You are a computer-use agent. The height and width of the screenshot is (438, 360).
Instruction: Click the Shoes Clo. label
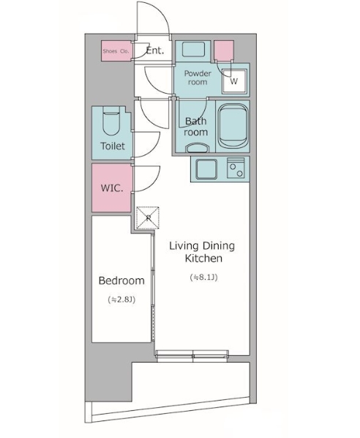click(116, 51)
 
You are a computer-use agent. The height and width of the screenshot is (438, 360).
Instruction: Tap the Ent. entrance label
click(155, 51)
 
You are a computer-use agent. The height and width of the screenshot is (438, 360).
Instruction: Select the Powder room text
click(198, 78)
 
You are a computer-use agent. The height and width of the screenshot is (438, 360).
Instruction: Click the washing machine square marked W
click(234, 81)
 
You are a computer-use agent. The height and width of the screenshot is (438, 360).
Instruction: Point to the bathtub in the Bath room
click(233, 126)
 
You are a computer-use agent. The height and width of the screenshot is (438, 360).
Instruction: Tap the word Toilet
click(113, 146)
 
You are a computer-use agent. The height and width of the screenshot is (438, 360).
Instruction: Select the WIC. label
click(112, 188)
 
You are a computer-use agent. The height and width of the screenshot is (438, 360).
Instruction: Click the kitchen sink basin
click(206, 169)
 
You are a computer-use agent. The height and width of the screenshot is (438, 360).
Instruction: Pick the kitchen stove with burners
click(236, 168)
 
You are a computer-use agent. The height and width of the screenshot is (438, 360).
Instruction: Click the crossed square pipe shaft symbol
click(148, 218)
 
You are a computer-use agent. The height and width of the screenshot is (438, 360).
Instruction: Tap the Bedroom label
click(121, 281)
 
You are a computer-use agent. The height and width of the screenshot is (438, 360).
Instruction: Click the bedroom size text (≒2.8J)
click(121, 300)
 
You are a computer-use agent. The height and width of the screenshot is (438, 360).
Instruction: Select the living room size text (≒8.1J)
click(203, 278)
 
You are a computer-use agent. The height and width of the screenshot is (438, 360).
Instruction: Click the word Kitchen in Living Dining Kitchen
click(203, 259)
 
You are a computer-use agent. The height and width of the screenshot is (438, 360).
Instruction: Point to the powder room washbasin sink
click(194, 50)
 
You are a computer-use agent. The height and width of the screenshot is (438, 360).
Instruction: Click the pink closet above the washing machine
click(224, 51)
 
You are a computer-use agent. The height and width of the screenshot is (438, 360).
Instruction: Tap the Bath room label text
click(196, 127)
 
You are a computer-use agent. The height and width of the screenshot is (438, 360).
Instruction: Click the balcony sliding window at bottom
click(192, 355)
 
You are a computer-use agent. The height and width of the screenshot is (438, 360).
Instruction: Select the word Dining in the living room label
click(219, 246)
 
